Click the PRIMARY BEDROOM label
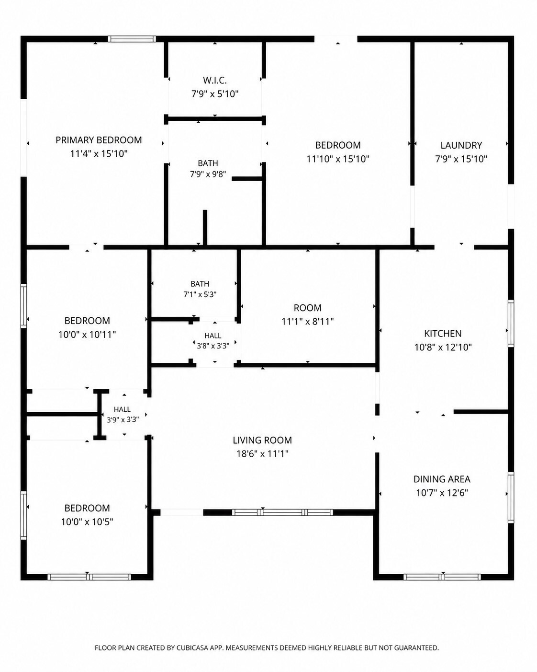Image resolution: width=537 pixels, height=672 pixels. (99, 140)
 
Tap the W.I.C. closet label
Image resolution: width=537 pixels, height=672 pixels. (215, 80)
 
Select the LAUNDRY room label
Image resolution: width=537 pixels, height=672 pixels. (461, 145)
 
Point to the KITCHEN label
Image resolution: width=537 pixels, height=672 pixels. (443, 334)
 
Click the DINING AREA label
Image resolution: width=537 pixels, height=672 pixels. (442, 479)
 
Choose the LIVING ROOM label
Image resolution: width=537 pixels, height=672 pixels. (262, 440)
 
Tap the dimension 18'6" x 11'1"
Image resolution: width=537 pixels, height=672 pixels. (262, 454)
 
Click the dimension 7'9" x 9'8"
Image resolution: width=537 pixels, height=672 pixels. (208, 174)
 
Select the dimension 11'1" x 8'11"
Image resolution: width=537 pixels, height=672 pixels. (307, 321)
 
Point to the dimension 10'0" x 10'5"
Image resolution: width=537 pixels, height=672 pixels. (87, 522)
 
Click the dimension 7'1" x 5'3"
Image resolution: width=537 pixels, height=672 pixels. (200, 294)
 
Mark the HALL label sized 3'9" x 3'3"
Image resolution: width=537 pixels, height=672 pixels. (122, 409)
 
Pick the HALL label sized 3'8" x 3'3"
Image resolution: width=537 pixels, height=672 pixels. (213, 336)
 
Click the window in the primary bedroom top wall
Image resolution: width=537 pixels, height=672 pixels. (132, 39)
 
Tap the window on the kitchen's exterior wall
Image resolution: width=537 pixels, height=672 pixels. (511, 323)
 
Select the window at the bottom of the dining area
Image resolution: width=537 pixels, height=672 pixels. (442, 577)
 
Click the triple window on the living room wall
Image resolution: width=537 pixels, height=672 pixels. (282, 512)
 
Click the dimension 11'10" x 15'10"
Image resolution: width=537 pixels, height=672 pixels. (338, 159)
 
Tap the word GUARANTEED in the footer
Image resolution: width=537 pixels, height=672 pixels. (416, 648)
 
